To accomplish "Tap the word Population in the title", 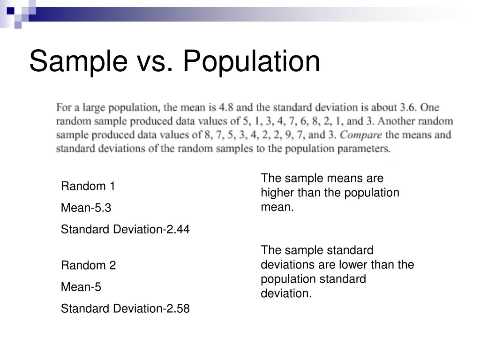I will (x=251, y=61).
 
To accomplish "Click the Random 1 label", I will (x=88, y=186).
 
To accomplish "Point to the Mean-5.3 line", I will (x=86, y=208).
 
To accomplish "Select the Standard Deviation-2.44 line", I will (x=125, y=229).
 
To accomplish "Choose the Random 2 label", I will (x=88, y=265).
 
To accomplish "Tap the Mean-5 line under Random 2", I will (x=81, y=287).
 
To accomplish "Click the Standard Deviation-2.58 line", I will (x=125, y=308).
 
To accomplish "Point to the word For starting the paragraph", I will (x=64, y=107).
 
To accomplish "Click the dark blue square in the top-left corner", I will (x=10, y=9).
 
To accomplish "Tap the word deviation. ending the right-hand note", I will (x=286, y=294).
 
